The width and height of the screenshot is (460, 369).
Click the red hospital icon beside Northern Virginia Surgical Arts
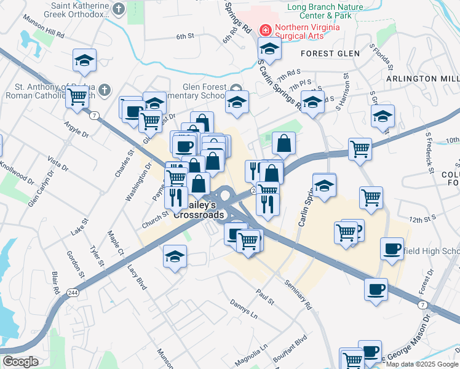pyautogui.click(x=266, y=29)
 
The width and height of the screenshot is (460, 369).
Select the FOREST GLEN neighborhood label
pyautogui.click(x=330, y=54)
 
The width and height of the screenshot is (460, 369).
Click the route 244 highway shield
pyautogui.click(x=73, y=292)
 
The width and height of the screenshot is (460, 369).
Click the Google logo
pyautogui.click(x=20, y=362)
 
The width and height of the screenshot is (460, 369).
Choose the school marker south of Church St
pyautogui.click(x=175, y=256)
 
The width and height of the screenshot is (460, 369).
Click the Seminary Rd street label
pyautogui.click(x=298, y=295)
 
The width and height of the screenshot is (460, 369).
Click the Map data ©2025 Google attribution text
pyautogui.click(x=422, y=363)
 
